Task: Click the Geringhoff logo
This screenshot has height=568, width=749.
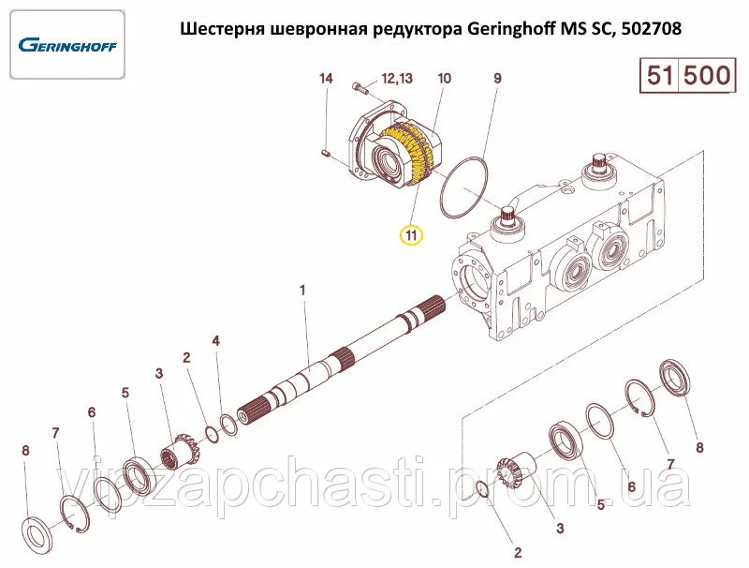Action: (67, 45)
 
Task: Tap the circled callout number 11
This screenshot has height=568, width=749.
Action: (411, 234)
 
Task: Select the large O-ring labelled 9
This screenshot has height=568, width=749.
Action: (463, 188)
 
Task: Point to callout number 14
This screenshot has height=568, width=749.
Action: (326, 78)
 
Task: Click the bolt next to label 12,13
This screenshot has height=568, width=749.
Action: (360, 87)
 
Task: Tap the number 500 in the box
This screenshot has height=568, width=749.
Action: (707, 76)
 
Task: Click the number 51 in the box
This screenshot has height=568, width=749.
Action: (660, 76)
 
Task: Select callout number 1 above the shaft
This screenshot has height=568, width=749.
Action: (301, 290)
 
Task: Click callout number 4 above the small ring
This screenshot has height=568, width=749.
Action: (216, 340)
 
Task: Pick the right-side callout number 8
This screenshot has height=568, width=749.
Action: (699, 447)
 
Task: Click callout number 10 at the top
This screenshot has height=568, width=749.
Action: (444, 78)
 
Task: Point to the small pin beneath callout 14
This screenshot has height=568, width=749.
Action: (325, 153)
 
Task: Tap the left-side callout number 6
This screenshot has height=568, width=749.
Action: (92, 412)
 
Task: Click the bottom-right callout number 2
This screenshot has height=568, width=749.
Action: (518, 553)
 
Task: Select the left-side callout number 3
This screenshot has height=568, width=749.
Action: (159, 373)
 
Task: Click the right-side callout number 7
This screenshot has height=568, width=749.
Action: (670, 464)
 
